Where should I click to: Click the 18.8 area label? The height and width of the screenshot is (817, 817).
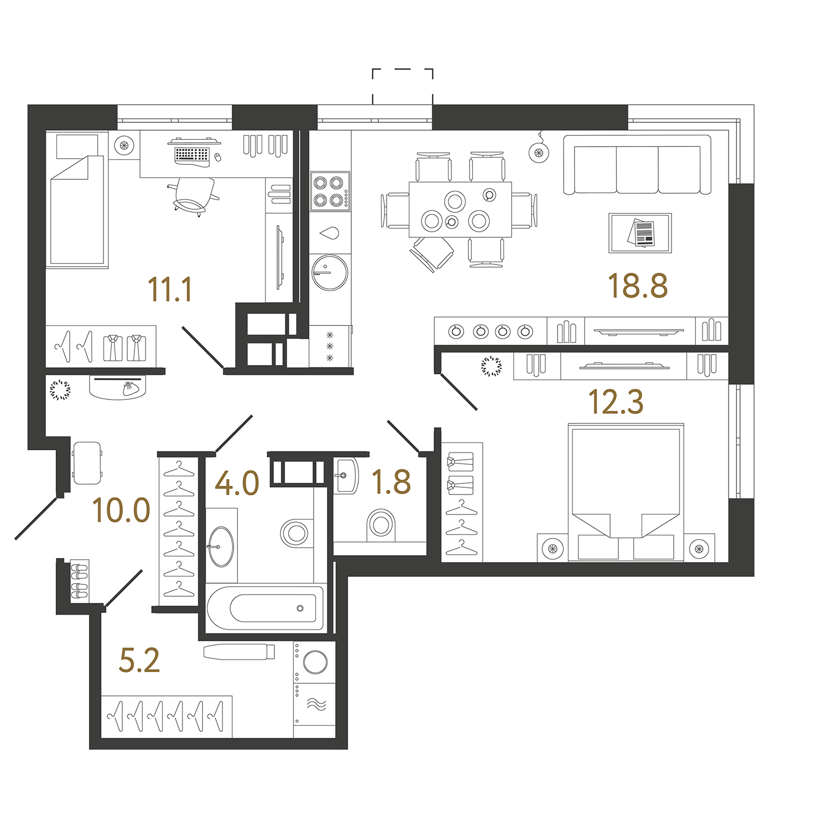[x=638, y=286]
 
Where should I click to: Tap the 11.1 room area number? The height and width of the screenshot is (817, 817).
[x=170, y=289]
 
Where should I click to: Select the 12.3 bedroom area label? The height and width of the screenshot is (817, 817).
[x=616, y=402]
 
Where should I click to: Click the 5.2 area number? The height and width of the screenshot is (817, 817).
[x=139, y=660]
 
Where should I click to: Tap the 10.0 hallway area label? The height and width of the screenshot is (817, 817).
[x=121, y=510]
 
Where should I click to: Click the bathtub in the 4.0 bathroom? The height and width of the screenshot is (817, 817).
[x=266, y=607]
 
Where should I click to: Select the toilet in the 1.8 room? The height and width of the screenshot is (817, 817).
[x=381, y=524]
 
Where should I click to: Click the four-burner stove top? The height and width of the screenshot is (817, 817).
[x=330, y=191]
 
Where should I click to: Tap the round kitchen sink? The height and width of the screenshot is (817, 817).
[x=330, y=272]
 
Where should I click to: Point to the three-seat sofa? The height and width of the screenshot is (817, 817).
[x=637, y=165]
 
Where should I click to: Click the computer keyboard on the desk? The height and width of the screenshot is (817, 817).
[x=192, y=154]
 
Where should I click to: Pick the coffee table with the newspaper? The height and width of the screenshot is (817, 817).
[x=640, y=233]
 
